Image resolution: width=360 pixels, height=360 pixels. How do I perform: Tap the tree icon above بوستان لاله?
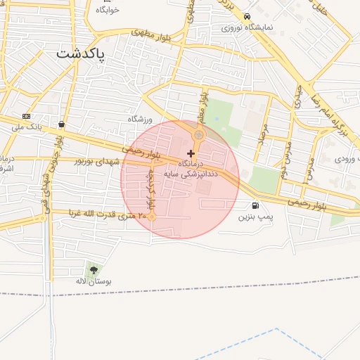(x=94, y=270)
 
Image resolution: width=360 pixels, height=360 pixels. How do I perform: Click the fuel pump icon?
(x=254, y=206)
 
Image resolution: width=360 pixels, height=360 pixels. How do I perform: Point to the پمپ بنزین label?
(x=254, y=217)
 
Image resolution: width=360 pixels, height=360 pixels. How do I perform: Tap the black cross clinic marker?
(x=191, y=153)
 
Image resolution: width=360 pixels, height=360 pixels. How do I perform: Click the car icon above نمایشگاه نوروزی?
(x=246, y=16)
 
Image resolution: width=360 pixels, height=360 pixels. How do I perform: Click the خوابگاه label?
(x=108, y=11)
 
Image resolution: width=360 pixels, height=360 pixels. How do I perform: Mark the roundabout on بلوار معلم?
(x=199, y=134)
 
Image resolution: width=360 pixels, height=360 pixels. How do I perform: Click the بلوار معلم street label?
(x=202, y=102)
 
